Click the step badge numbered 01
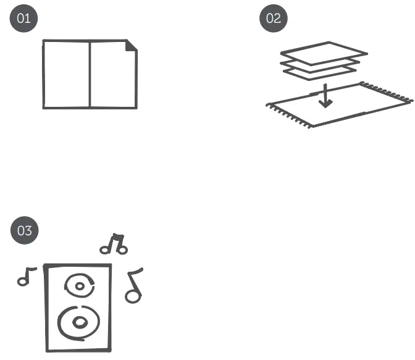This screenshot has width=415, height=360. tap(24, 19)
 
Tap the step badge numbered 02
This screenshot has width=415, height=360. tap(274, 19)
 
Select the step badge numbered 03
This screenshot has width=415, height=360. tap(25, 230)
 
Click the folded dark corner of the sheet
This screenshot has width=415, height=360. tap(130, 46)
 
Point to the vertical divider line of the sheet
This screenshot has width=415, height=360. tap(90, 74)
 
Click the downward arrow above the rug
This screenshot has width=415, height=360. tap(325, 95)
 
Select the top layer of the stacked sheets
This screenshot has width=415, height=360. tap(324, 53)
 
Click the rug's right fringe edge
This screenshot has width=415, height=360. tap(386, 92)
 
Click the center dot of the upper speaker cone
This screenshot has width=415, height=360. tap(80, 286)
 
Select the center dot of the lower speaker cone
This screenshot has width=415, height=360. tap(80, 322)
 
